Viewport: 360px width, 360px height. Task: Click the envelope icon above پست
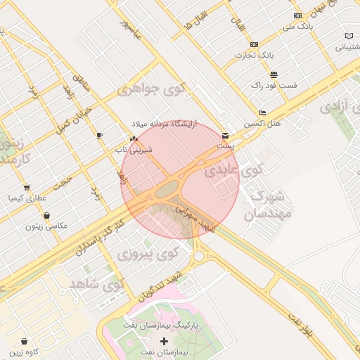point(225,135)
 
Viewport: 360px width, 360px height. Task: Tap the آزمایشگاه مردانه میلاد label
point(163,124)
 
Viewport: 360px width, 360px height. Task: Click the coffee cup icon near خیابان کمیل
point(99,134)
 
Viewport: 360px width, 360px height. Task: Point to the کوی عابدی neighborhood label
point(233,170)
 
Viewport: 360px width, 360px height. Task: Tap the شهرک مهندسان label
point(267,205)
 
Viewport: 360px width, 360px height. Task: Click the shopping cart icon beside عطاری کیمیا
point(26,188)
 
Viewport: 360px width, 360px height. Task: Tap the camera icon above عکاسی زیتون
point(46,215)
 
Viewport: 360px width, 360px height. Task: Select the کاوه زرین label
point(24,350)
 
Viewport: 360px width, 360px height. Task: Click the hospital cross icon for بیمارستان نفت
point(165,341)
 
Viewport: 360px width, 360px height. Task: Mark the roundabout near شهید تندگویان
point(199,255)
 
